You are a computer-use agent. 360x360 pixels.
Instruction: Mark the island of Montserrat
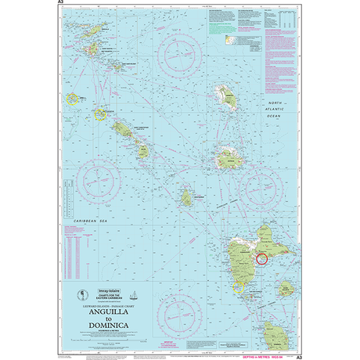187,197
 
